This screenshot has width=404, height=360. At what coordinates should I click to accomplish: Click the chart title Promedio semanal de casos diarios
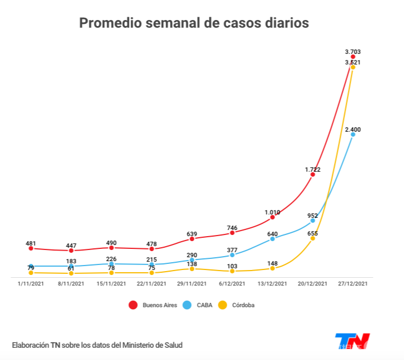pos(193,23)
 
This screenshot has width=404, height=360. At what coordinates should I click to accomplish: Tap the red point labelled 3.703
pos(353,57)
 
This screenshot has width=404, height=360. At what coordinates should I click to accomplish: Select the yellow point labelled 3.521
pos(353,67)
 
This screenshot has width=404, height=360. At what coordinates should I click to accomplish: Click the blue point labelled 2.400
pos(353,134)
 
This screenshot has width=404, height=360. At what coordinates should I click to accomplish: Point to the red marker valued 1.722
pos(312,174)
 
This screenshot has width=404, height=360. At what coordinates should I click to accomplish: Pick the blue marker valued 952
pos(312,221)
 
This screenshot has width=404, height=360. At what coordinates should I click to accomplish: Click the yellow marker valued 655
pos(312,238)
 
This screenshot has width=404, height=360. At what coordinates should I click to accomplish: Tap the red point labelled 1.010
pos(272,217)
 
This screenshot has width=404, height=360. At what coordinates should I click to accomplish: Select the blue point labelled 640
pos(272,239)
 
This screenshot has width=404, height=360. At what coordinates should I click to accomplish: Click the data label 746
pos(232,228)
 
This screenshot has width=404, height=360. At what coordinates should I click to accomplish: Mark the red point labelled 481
pos(31,248)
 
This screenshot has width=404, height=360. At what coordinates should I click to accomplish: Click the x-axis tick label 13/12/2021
pos(272,284)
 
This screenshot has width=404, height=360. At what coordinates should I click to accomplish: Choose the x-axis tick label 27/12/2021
pos(353,284)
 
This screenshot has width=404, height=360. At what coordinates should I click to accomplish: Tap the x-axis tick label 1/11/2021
pos(31,284)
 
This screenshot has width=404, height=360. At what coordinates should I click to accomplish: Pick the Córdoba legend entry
pos(242,305)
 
